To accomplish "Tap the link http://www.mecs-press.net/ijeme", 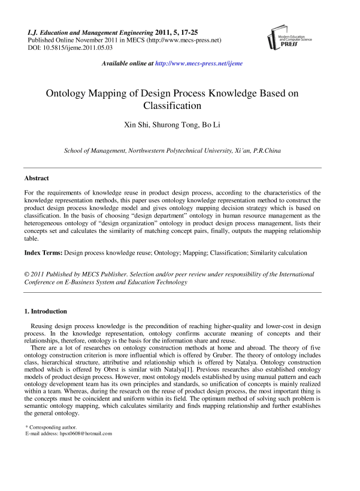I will (x=199, y=63).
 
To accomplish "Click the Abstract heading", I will (x=37, y=178).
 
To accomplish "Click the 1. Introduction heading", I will (x=46, y=311).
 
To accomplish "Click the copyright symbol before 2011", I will (x=27, y=274).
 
